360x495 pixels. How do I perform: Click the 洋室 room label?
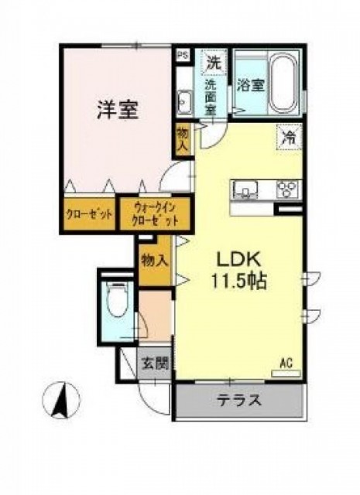pos(118,111)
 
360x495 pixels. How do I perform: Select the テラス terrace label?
pos(238,401)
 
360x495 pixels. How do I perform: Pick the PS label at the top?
pos(183,56)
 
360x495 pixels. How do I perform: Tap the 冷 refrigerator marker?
pos(287,138)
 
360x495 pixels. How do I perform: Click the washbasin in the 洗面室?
pos(186,101)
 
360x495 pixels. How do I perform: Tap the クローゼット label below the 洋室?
pos(88,214)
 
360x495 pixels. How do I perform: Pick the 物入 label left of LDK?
pos(154,261)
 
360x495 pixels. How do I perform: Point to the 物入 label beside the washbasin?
pos(183,139)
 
